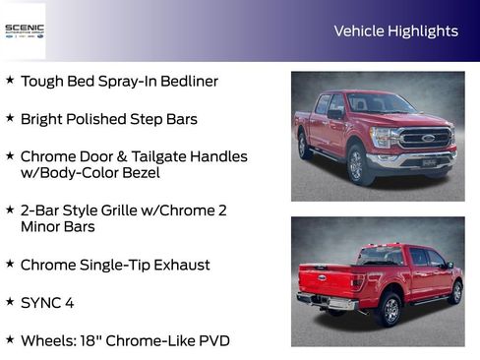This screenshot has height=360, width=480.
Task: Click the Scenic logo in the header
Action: [24, 30]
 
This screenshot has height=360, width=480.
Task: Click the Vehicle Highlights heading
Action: [395, 30]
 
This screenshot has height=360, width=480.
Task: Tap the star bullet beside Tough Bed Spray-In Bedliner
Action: [10, 80]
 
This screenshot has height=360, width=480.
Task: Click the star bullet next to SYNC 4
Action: [10, 301]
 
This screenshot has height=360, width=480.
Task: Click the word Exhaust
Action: [179, 265]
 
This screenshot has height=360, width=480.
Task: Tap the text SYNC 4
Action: [46, 302]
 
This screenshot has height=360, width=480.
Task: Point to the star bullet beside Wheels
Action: [10, 339]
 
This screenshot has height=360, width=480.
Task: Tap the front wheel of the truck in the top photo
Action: [360, 163]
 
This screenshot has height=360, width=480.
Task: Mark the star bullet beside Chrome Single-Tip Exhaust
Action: [10, 264]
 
